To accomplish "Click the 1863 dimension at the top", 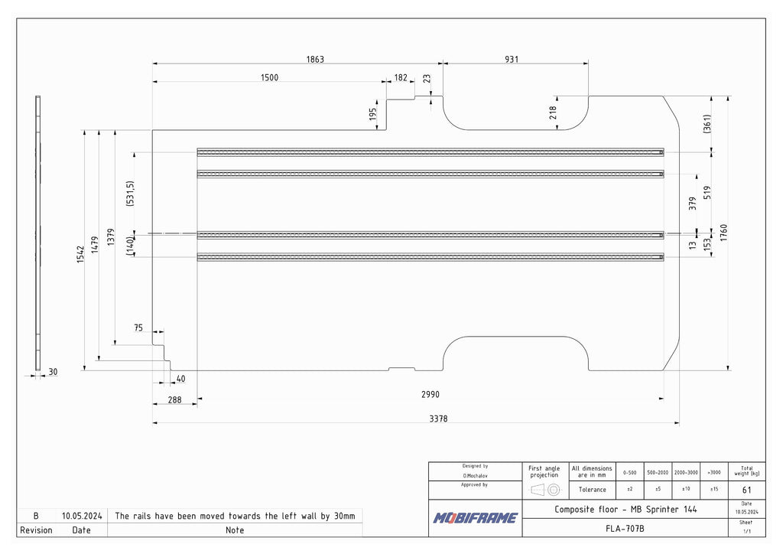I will coord(315,59).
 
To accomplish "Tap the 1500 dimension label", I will coord(269,77).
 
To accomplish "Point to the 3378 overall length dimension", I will coord(439,419).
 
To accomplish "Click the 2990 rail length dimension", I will coord(430,395).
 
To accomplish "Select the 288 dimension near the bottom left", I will coord(174,399).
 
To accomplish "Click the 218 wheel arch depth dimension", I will coord(553,112).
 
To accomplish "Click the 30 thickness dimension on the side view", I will coord(53,372).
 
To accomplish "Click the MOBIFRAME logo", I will coord(475,518).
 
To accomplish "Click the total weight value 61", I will coord(746,490).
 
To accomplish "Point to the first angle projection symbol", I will coord(545,489).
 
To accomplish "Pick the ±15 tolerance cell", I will coord(713,489).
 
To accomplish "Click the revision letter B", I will coord(35,516).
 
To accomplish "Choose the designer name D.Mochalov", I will coord(475,476).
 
